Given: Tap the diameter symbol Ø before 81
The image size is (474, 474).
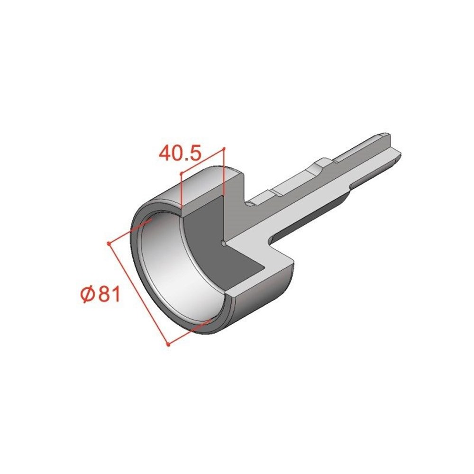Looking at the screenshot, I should pyautogui.click(x=89, y=294).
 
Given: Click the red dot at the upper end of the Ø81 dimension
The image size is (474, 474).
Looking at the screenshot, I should pyautogui.click(x=109, y=243).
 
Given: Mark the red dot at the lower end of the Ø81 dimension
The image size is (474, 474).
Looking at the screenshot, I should pyautogui.click(x=168, y=345).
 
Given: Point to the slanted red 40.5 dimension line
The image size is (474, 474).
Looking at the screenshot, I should pyautogui.click(x=202, y=161).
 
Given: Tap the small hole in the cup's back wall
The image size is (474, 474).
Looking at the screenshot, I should pyautogui.click(x=223, y=243).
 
